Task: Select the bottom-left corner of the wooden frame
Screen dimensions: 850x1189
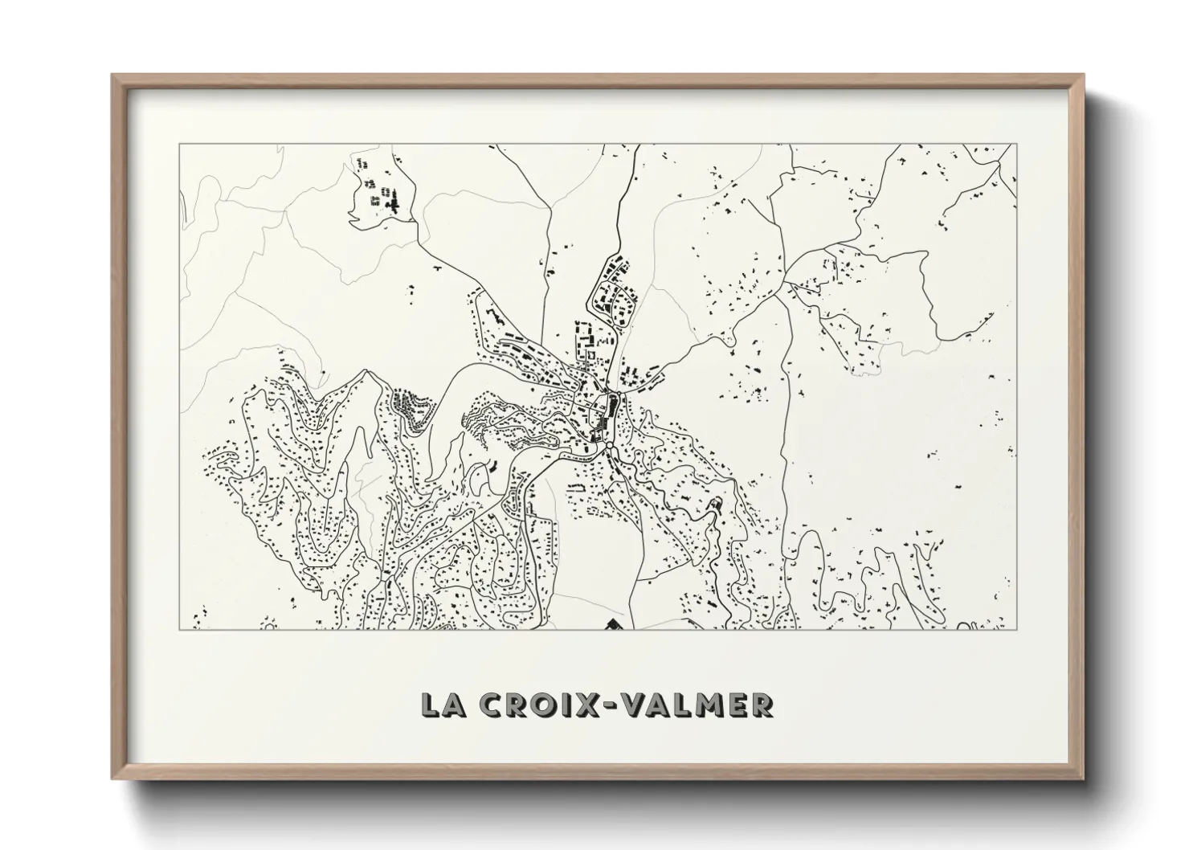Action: pos(113,778)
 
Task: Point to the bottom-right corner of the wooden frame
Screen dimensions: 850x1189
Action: pos(1082,778)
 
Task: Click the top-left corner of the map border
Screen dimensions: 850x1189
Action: pos(179,144)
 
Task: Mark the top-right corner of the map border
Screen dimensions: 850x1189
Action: pos(1016,144)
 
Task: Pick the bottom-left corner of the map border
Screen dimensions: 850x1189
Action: pos(179,629)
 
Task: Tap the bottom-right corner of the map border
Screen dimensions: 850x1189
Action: pos(1016,629)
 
